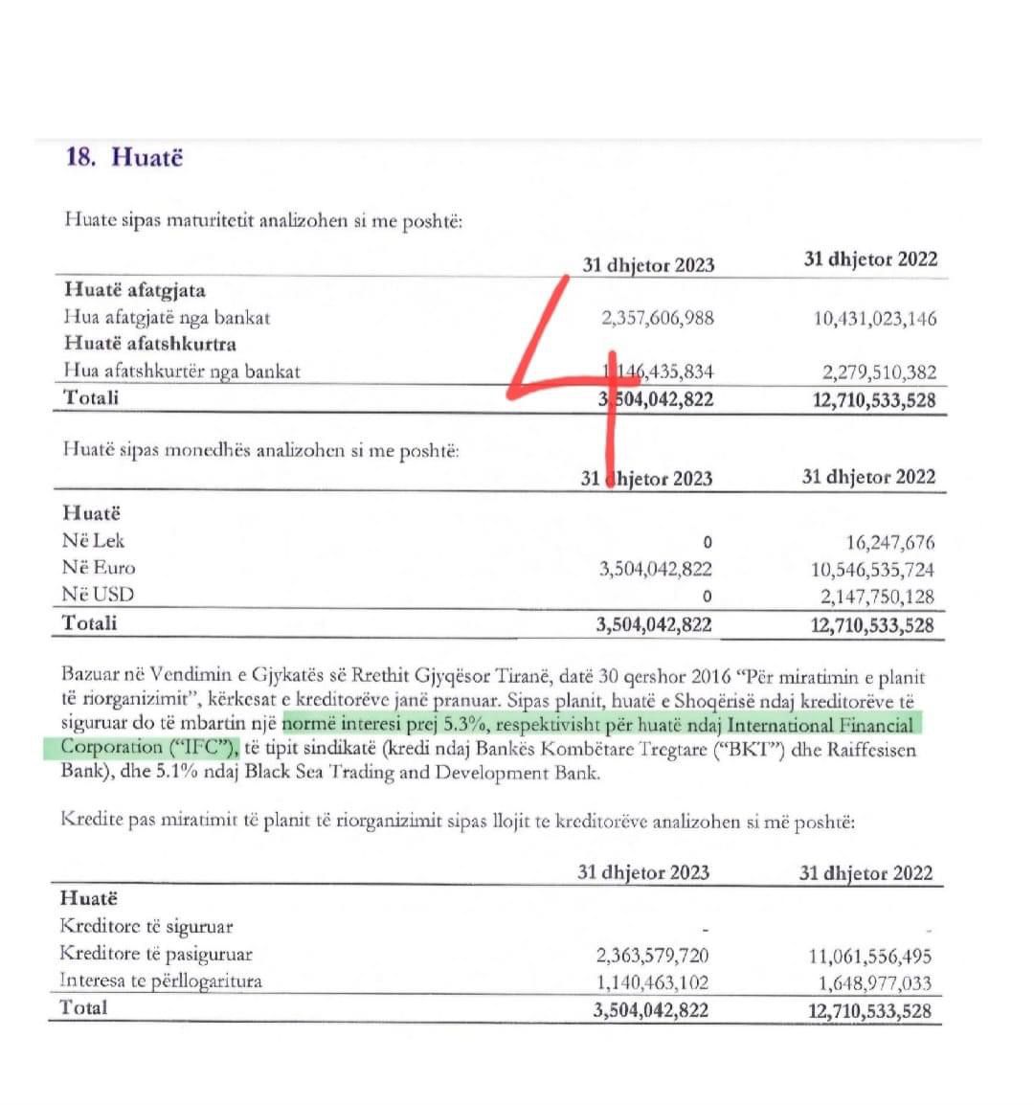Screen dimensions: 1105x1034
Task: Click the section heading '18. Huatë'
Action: (x=124, y=157)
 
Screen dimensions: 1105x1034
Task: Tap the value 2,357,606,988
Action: (x=658, y=318)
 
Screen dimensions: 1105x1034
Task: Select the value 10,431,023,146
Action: (x=875, y=319)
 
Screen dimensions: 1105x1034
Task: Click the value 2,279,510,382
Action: (x=879, y=372)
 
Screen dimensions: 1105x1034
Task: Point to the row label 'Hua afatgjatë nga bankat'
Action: (x=168, y=317)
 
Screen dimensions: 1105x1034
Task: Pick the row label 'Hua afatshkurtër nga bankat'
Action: (x=182, y=371)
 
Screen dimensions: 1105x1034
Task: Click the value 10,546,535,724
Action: (x=872, y=569)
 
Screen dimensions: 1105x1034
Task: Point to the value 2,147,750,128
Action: (x=877, y=596)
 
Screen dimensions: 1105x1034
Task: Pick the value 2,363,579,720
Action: (x=652, y=955)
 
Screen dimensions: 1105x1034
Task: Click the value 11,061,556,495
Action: (x=869, y=956)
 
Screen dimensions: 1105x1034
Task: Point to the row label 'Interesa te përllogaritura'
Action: (x=161, y=981)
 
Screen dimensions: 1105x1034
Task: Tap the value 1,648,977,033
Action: (x=874, y=982)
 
